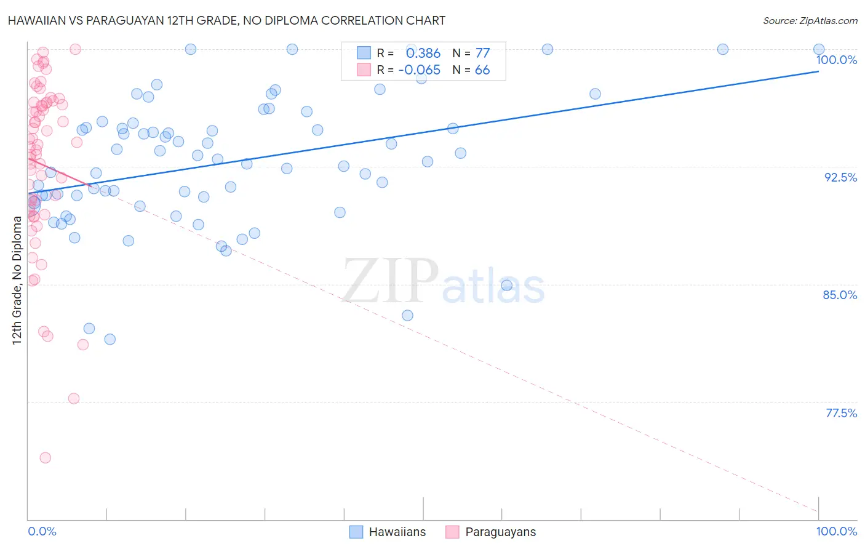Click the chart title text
[226, 20]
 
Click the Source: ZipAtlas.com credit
[810, 20]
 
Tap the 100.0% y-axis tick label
[836, 60]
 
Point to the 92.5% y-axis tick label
[840, 177]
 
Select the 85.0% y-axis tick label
[840, 295]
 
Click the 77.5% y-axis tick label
[841, 413]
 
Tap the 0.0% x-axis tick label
[42, 531]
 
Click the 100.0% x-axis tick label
[836, 531]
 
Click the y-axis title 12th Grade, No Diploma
[17, 280]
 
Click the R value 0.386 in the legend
[423, 53]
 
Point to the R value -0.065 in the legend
[420, 70]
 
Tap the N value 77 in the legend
[482, 53]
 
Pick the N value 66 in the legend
[482, 70]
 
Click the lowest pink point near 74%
[45, 458]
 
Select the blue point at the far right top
[819, 49]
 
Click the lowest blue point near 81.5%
[110, 339]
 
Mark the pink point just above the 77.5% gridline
[74, 398]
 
